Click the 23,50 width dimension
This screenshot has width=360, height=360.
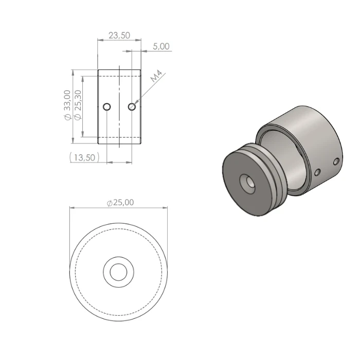click(119, 35)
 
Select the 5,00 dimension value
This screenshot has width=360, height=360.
click(161, 46)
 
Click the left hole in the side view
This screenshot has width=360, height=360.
click(106, 107)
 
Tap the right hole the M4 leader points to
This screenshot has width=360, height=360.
click(132, 106)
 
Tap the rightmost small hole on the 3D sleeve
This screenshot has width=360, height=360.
click(336, 161)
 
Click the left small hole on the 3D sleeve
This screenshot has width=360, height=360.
click(318, 172)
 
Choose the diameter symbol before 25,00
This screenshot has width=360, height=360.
click(110, 203)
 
